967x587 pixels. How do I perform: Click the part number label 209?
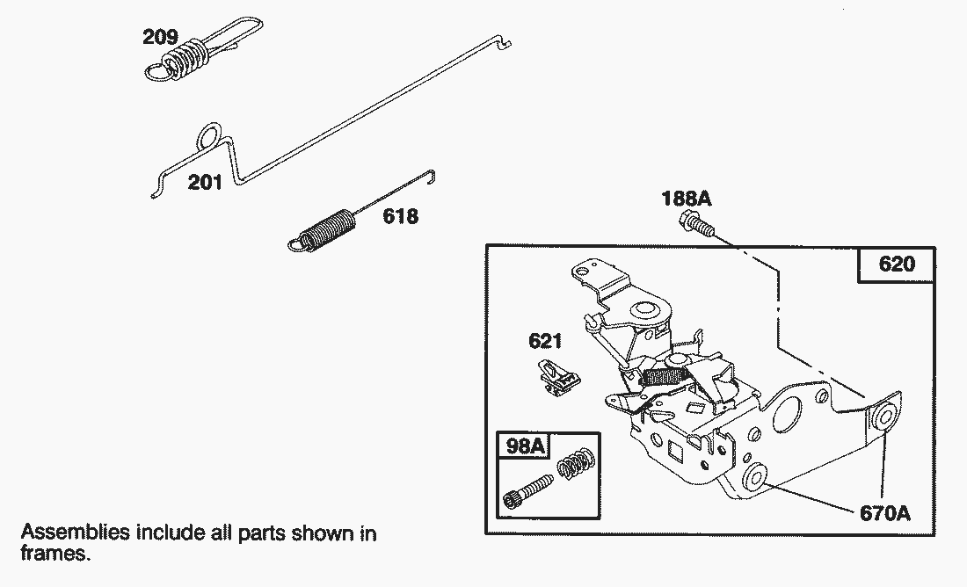[161, 37]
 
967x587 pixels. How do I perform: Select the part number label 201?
[204, 183]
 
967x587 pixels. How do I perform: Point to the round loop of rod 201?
[207, 136]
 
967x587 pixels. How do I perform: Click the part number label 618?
[399, 216]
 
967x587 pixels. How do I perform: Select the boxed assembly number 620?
[896, 264]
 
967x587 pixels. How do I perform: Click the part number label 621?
[546, 340]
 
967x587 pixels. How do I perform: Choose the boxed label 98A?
[525, 447]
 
